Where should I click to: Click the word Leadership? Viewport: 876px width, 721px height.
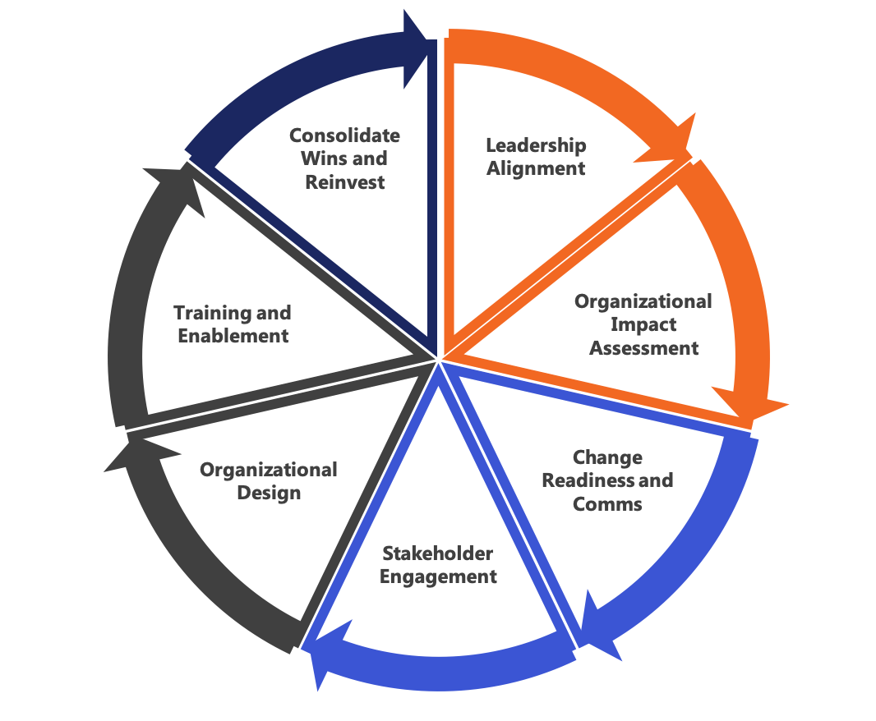point(536,146)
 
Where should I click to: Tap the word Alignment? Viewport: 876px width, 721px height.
point(536,168)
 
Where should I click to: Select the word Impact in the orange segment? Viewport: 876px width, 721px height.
point(643,325)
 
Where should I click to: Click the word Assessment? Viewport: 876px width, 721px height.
point(643,348)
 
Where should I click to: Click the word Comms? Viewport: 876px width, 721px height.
point(607,503)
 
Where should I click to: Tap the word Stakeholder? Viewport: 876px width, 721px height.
point(437,553)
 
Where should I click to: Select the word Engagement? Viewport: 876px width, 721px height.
point(438,577)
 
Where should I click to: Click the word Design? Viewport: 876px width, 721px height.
point(269,494)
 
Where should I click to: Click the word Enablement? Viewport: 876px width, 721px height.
point(233,336)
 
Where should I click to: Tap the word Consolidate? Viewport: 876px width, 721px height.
point(344,135)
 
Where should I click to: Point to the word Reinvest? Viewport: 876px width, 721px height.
point(344,182)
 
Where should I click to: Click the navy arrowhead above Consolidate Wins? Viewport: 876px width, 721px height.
point(419,49)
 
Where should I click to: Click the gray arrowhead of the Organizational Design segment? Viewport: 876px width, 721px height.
point(140,453)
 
